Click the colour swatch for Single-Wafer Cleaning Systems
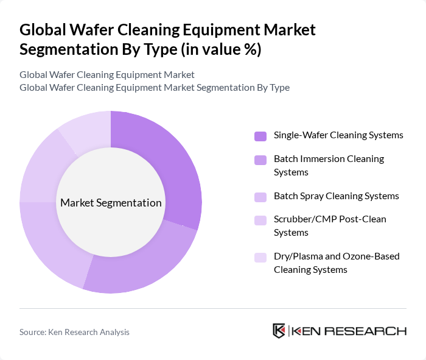click(x=260, y=136)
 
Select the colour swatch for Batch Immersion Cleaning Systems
click(x=260, y=160)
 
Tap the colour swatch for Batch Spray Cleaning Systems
click(x=260, y=197)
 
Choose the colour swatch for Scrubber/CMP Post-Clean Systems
click(x=260, y=219)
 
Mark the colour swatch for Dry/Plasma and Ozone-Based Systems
click(x=260, y=256)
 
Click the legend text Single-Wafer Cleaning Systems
click(x=338, y=135)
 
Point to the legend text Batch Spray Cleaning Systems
click(x=336, y=196)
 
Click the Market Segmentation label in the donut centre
click(x=110, y=203)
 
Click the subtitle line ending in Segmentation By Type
click(x=154, y=88)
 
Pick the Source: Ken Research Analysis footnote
click(x=74, y=332)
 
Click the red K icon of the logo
click(x=279, y=331)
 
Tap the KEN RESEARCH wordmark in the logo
click(x=349, y=331)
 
